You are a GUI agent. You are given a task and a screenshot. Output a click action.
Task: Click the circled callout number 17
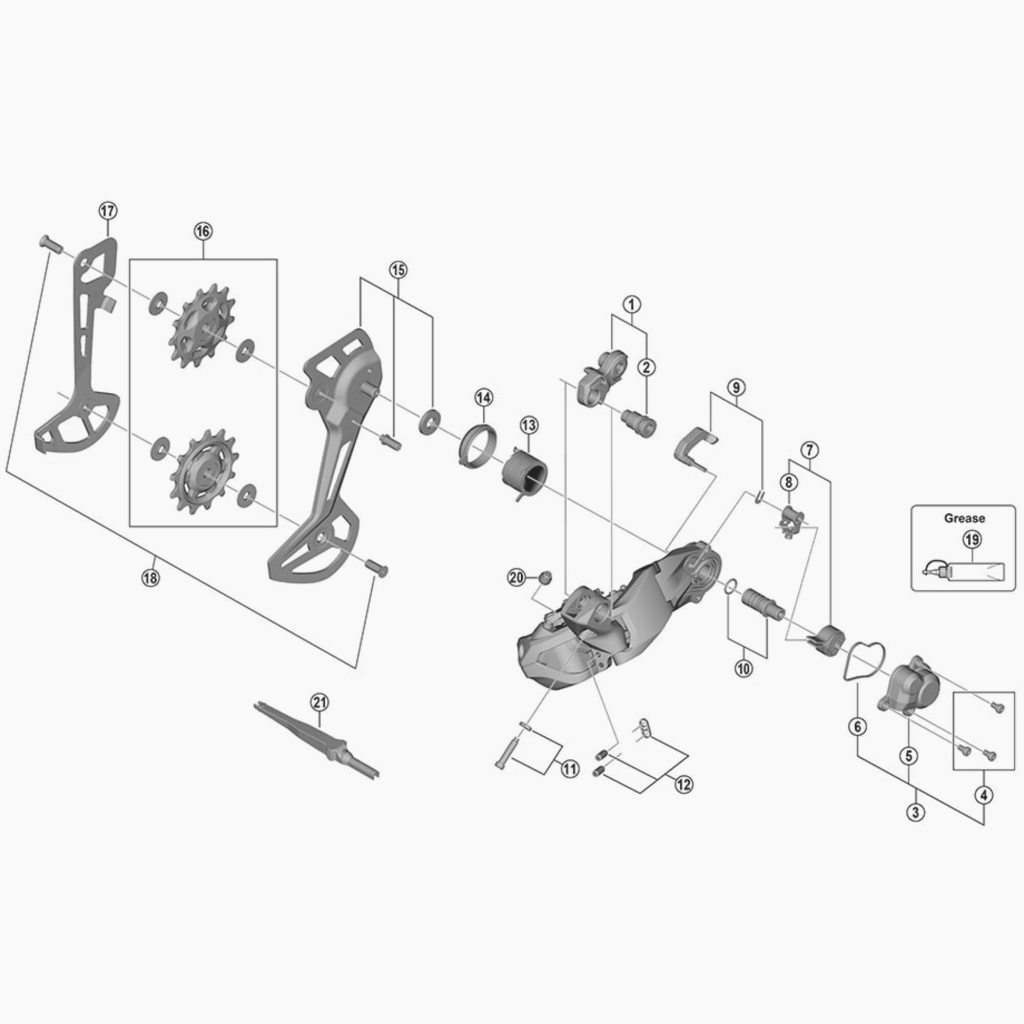coord(108,211)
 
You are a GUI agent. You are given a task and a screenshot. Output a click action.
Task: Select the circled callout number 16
coord(202,231)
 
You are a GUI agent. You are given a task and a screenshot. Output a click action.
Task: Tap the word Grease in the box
coord(965,518)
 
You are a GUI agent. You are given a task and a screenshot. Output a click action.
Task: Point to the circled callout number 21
coord(319,703)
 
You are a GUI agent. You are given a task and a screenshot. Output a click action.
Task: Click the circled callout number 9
coord(736,387)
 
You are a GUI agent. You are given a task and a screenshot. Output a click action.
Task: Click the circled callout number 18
coord(150,577)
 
